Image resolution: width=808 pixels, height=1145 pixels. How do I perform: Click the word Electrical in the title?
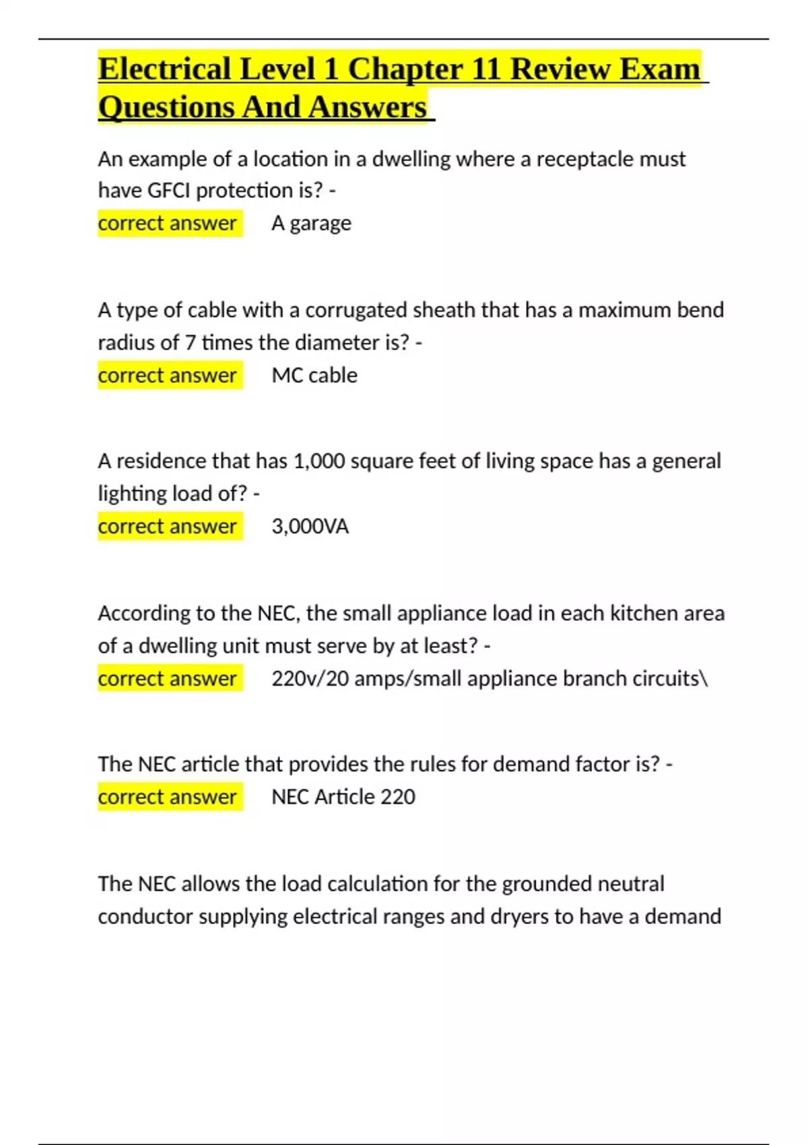click(165, 69)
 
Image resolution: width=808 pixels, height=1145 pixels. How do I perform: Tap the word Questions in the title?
click(166, 108)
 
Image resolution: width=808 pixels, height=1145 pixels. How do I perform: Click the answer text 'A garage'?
click(311, 223)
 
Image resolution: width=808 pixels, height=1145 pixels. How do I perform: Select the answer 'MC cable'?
click(314, 375)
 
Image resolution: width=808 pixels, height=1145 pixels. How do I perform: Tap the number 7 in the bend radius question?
click(190, 343)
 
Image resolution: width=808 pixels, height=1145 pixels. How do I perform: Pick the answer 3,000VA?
click(310, 526)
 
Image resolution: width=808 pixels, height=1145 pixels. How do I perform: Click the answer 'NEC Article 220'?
click(343, 797)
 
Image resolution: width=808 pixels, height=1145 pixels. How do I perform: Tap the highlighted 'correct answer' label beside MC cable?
click(168, 375)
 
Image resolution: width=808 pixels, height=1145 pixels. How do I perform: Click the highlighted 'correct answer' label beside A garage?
click(168, 223)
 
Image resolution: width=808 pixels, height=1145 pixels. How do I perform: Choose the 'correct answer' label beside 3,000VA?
click(168, 526)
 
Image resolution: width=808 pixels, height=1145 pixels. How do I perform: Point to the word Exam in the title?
click(660, 69)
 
